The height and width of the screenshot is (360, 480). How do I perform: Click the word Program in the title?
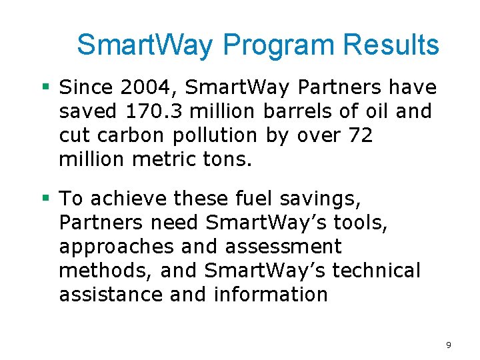click(279, 46)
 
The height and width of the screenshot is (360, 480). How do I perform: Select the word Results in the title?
click(391, 45)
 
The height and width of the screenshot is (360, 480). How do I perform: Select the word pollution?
click(215, 135)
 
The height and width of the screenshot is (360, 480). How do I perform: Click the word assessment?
click(283, 247)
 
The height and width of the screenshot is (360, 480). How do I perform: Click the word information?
click(271, 295)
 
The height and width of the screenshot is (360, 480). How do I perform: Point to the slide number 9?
click(449, 345)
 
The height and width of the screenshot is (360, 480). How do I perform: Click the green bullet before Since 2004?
click(46, 87)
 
